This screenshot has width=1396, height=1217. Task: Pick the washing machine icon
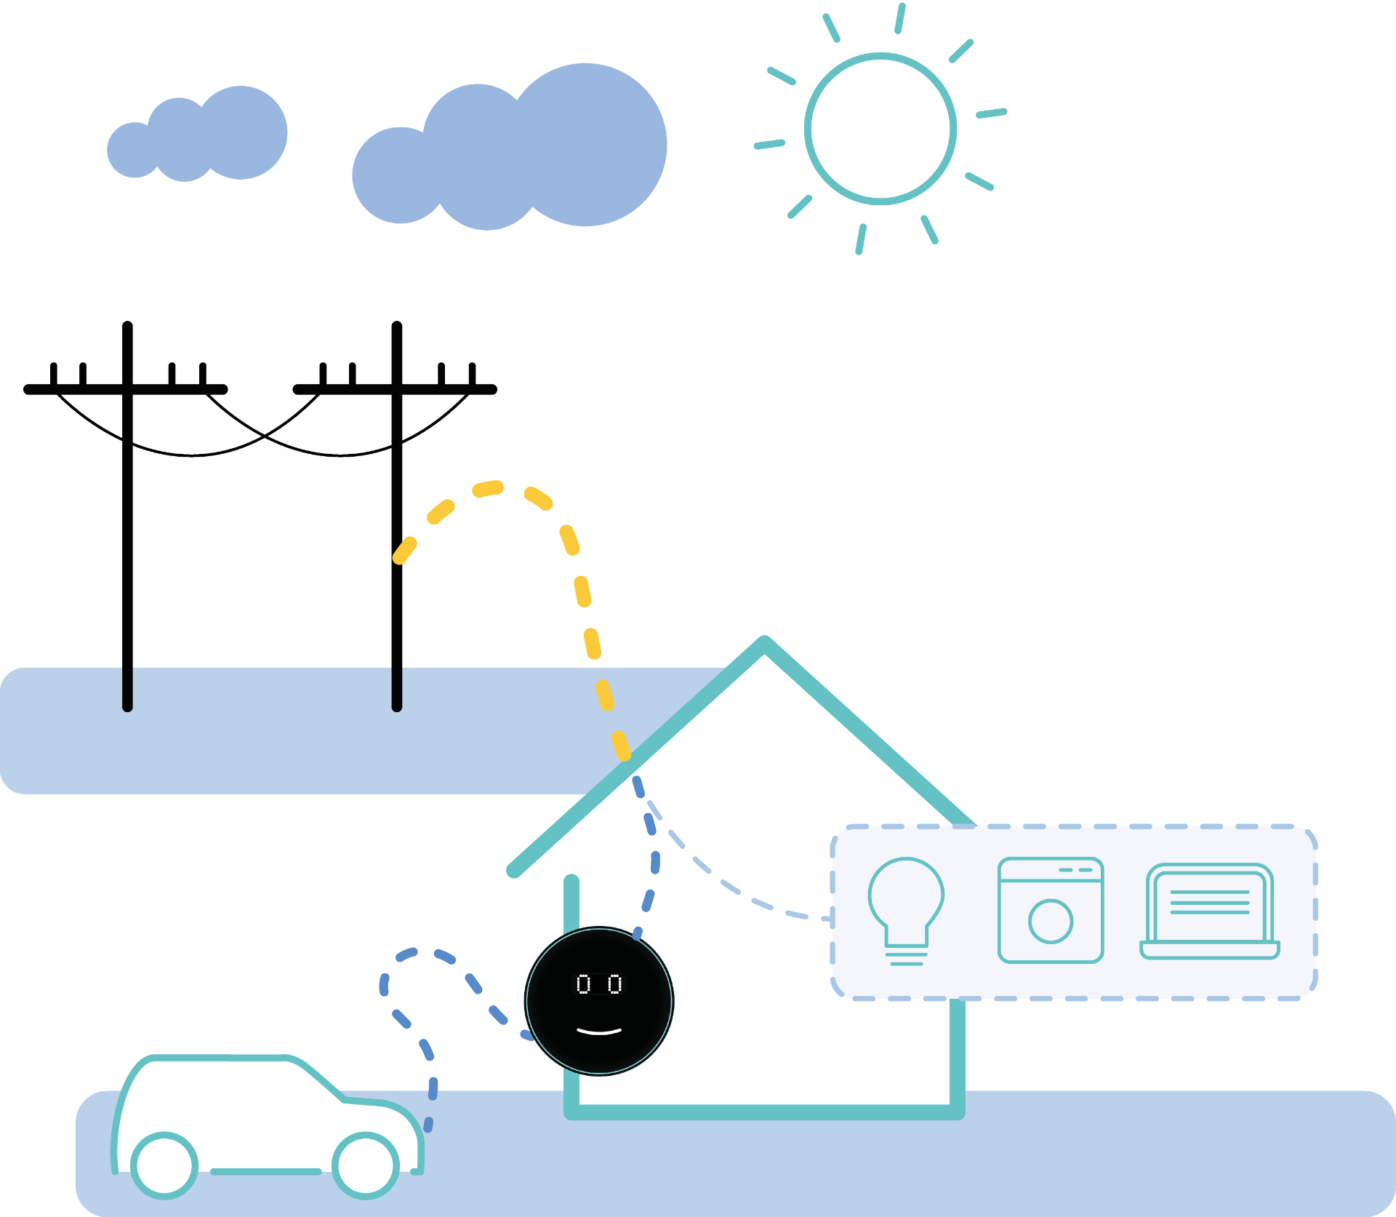tap(1051, 910)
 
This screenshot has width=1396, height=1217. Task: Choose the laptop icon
tap(1209, 911)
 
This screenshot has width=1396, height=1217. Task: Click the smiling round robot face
tap(599, 1001)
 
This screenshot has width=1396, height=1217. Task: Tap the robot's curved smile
tap(599, 1032)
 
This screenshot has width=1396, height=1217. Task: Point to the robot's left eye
tap(583, 984)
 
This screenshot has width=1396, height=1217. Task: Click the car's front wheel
tap(366, 1165)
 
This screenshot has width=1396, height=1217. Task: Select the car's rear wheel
tap(164, 1165)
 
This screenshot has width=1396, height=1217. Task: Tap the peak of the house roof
tap(764, 642)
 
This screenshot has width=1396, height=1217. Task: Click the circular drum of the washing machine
tap(1051, 921)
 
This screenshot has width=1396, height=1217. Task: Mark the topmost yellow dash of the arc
tap(488, 489)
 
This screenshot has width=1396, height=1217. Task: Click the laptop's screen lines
tap(1209, 902)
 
